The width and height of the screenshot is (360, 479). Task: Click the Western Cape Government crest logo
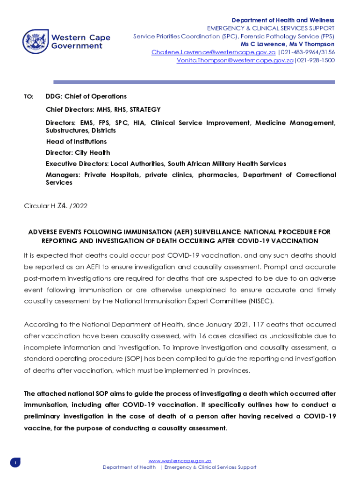(x=36, y=42)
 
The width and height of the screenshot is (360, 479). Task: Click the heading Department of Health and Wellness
(x=283, y=20)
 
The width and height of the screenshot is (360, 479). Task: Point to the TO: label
(x=29, y=96)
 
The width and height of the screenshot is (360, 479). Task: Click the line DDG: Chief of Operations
(x=86, y=96)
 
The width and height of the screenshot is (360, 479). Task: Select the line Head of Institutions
(x=76, y=141)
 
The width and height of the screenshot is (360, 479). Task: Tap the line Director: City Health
(x=78, y=152)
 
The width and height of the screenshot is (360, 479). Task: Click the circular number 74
(x=62, y=206)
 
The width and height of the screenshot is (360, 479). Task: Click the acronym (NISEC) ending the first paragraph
(x=260, y=301)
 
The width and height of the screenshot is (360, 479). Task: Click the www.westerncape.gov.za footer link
(x=180, y=461)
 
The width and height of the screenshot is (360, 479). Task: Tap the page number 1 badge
(x=15, y=463)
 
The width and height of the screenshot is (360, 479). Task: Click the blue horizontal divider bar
(x=194, y=82)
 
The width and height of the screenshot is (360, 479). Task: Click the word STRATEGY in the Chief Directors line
(x=145, y=109)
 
